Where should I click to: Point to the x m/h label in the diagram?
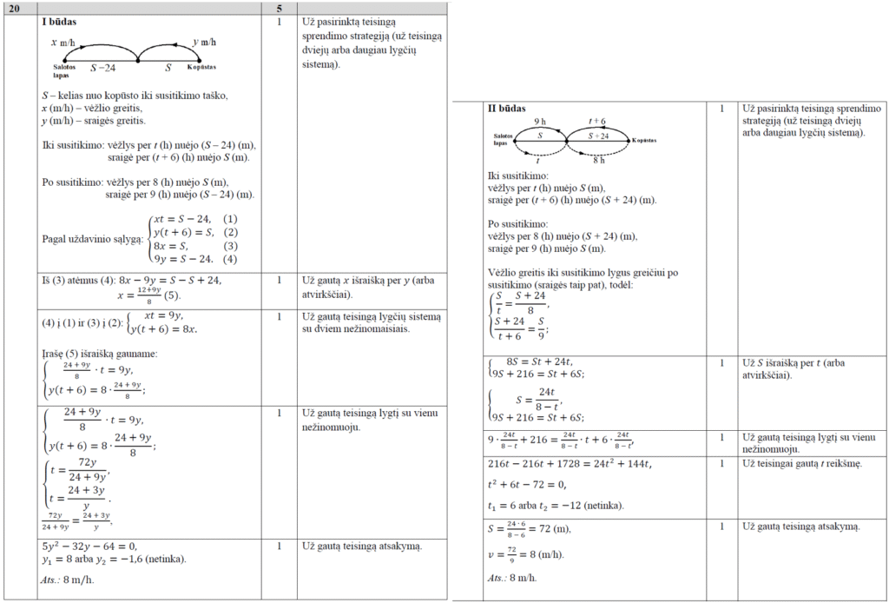[x=63, y=42]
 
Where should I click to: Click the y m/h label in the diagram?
[x=204, y=42]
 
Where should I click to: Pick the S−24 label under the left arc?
[x=102, y=67]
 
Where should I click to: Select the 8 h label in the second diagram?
[x=598, y=161]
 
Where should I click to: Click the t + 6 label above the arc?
[x=597, y=122]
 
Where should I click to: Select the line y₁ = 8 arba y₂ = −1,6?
[x=113, y=560]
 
